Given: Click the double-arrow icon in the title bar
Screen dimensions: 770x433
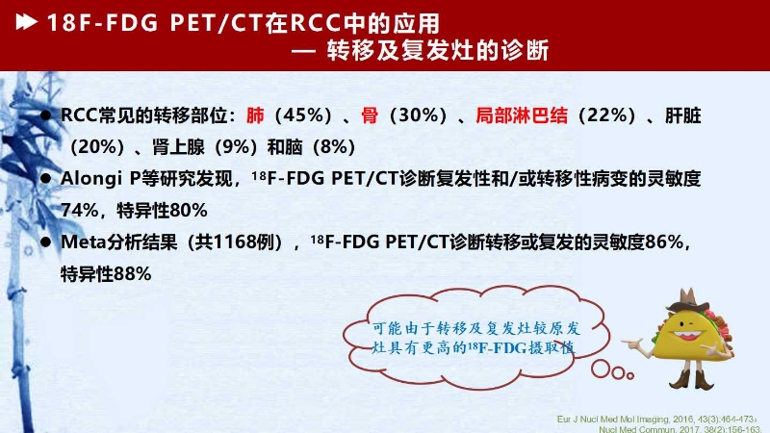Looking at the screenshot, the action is pyautogui.click(x=27, y=22).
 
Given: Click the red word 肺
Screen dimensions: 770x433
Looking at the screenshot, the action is pyautogui.click(x=255, y=115).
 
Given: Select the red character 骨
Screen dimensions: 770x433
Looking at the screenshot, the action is pyautogui.click(x=370, y=115).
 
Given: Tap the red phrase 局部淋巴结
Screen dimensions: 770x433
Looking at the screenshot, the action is pyautogui.click(x=522, y=115).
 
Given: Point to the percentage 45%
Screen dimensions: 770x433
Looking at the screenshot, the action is pyautogui.click(x=301, y=115).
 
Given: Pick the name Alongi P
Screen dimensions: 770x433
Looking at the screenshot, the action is pyautogui.click(x=100, y=179).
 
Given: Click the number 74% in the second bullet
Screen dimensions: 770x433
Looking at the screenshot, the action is pyautogui.click(x=80, y=211).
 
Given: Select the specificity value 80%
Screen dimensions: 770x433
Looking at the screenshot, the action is pyautogui.click(x=189, y=211).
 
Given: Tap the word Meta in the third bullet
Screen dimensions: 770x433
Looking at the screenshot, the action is pyautogui.click(x=83, y=242).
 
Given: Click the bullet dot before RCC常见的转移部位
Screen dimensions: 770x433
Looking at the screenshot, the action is pyautogui.click(x=45, y=115).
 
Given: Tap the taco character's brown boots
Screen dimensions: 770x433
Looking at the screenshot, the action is pyautogui.click(x=691, y=379).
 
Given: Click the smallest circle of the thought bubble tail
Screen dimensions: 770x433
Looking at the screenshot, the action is pyautogui.click(x=630, y=375).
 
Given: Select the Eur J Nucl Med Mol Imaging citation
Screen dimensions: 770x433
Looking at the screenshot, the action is pyautogui.click(x=657, y=420).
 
